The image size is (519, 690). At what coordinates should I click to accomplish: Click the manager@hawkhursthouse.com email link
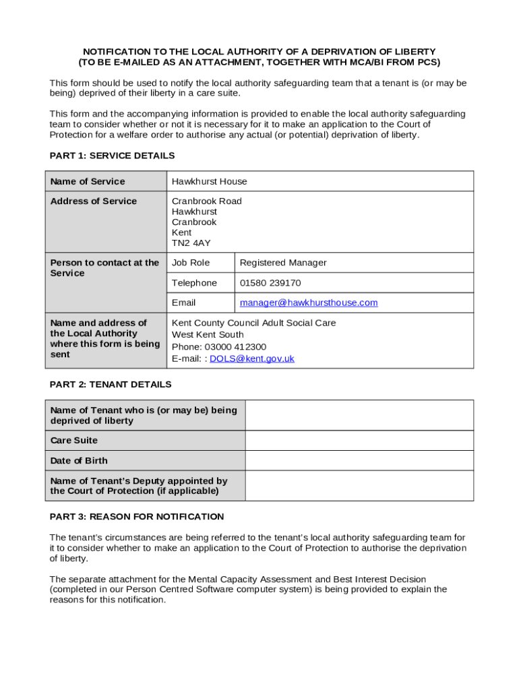309,303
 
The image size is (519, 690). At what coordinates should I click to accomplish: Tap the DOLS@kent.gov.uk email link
252,358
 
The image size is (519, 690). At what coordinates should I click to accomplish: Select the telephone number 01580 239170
270,283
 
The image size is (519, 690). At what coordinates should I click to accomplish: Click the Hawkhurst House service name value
210,181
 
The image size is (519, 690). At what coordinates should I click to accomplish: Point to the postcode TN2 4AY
191,243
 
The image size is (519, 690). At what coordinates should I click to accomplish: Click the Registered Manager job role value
283,263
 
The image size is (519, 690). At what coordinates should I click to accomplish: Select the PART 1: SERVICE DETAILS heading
112,156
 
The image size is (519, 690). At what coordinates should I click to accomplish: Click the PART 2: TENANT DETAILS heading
111,384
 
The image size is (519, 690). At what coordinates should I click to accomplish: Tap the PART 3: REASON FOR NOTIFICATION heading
137,517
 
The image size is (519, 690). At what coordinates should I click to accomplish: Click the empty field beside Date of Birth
359,461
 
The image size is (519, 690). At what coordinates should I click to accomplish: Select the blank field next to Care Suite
359,441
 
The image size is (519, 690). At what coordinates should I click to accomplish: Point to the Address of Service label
94,201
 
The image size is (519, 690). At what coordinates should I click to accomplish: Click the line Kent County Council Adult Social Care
253,323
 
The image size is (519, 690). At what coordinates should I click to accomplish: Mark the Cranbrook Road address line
206,201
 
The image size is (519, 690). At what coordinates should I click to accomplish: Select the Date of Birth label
79,461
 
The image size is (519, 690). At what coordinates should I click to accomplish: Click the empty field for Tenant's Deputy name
359,486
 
